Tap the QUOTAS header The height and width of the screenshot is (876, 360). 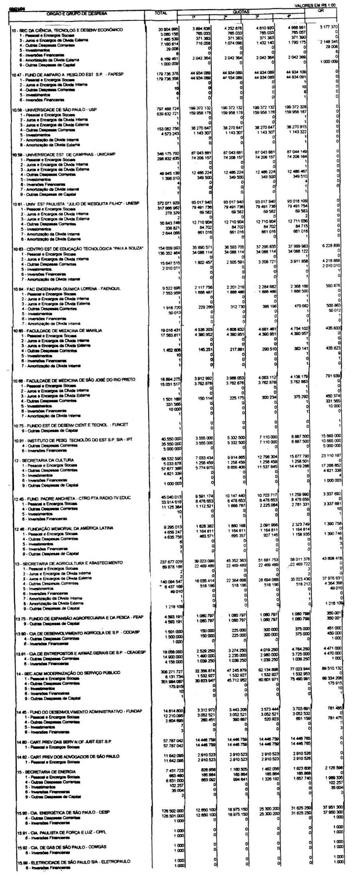240,12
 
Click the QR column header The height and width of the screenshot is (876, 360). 321,11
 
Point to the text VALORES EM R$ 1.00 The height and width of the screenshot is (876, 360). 314,5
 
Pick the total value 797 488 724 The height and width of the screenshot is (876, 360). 168,109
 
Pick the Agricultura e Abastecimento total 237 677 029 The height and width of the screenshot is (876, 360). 168,563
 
